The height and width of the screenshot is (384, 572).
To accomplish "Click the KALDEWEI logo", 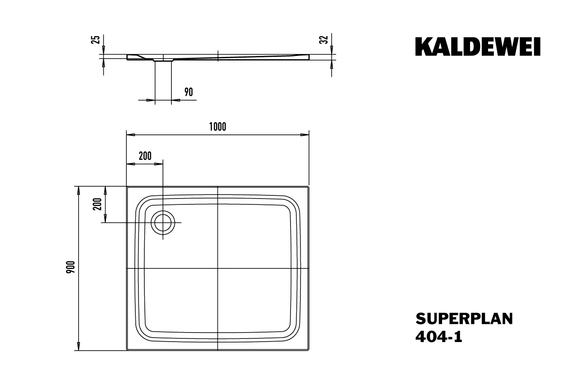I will pos(478,47).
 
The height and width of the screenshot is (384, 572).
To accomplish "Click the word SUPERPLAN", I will pos(464,319).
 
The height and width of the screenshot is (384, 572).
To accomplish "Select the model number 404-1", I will pos(438,337).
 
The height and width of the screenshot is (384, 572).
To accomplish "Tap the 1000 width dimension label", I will pos(217,127).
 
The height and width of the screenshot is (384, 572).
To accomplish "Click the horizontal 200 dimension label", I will pos(145,156).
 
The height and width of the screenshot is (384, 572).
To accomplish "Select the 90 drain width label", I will pos(189,92).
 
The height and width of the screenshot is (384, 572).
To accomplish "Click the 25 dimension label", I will pos(95,39).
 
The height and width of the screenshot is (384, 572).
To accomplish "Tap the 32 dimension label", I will pos(323,39).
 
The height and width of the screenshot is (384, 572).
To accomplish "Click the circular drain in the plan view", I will pos(163,222).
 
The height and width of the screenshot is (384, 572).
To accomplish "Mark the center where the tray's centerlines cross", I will pos(217,268).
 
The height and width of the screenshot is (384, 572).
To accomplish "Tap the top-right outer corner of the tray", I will pos(308,186).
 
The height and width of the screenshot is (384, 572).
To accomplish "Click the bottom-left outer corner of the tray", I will pos(127,350).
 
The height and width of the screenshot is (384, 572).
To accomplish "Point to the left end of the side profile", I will pos(127,57).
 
